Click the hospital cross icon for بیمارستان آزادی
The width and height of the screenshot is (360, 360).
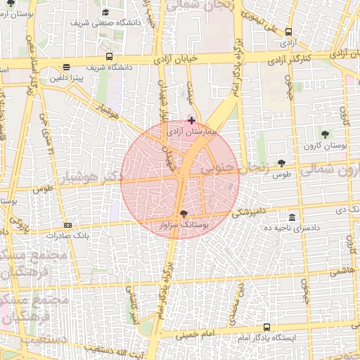coord(192,121)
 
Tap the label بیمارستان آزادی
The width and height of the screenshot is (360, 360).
coord(192,131)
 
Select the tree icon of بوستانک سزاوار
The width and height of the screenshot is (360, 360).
coord(184,214)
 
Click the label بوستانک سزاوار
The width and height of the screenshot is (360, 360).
coord(184,225)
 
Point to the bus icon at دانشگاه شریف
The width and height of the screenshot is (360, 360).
coord(109,56)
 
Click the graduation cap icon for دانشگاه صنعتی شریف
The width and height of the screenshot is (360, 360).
coord(105,12)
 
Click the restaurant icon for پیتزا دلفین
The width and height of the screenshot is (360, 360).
coord(66,68)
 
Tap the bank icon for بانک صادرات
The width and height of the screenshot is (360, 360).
coord(67,225)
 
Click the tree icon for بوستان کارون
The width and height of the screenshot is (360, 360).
coord(324,134)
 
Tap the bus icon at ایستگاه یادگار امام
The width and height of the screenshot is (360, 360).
coord(266,327)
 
